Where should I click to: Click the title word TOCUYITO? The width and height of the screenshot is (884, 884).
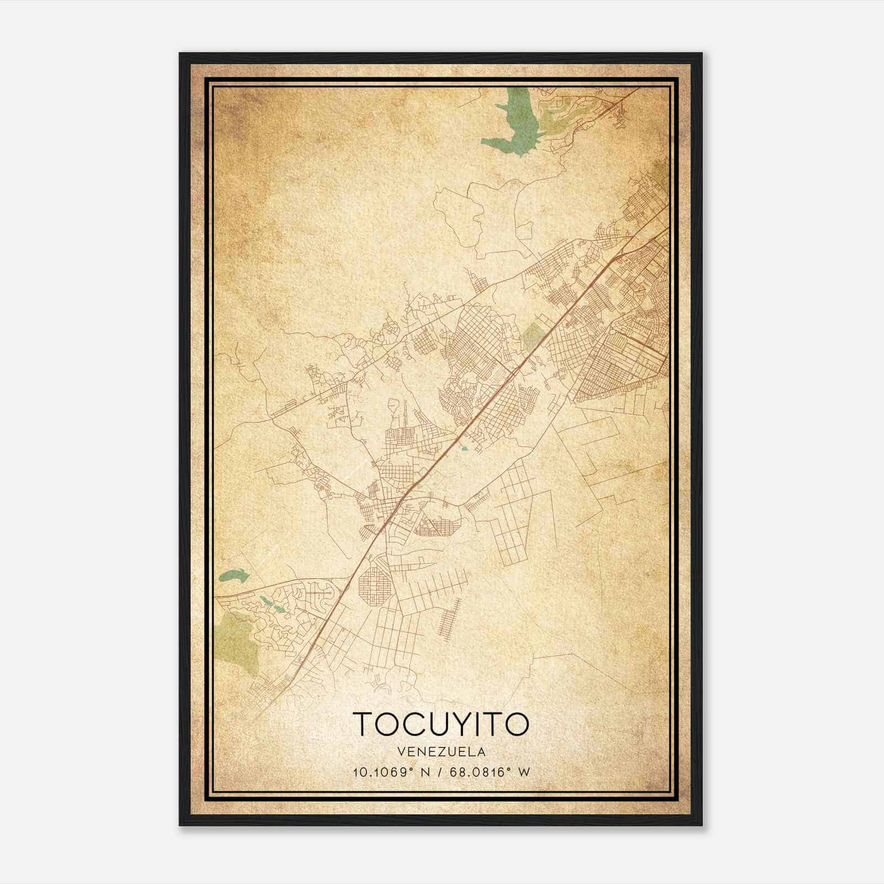pyautogui.click(x=441, y=724)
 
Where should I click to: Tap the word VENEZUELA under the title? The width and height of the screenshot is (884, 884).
pyautogui.click(x=441, y=752)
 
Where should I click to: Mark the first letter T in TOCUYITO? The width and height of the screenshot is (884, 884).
pyautogui.click(x=363, y=724)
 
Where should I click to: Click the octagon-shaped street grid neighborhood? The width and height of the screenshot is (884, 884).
pyautogui.click(x=375, y=585)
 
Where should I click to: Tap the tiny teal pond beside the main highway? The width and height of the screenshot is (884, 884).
pyautogui.click(x=464, y=449)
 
